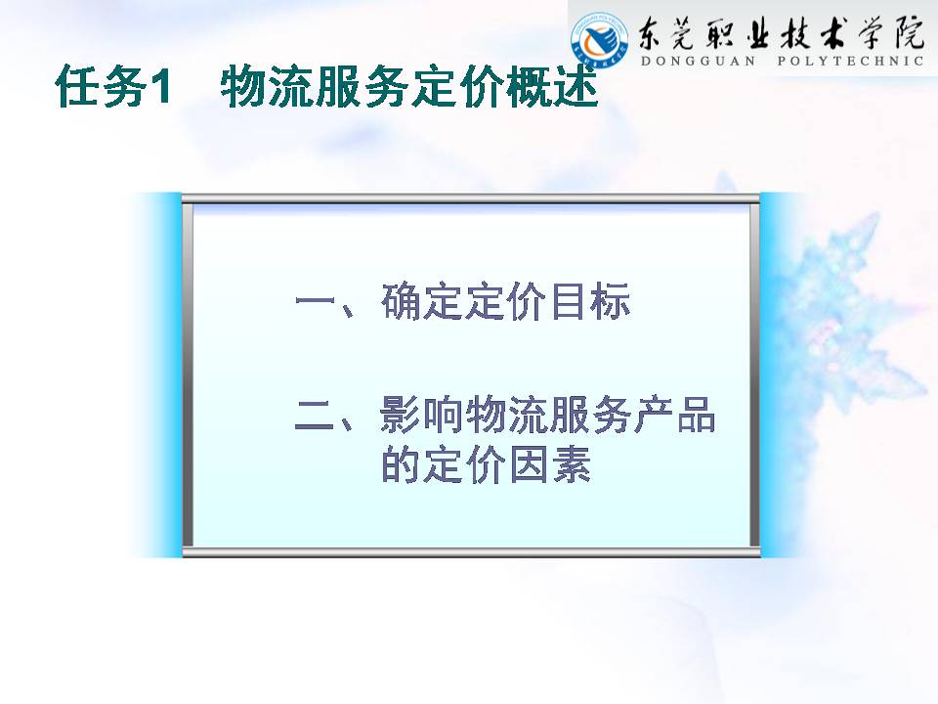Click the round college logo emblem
600,40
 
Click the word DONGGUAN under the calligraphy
698,61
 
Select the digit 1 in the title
161,87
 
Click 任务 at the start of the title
101,87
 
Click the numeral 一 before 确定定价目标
315,300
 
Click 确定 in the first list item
422,301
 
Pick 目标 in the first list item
590,301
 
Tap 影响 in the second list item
422,415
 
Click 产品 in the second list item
674,415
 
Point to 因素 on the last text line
549,464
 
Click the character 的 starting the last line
401,464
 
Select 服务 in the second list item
590,415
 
